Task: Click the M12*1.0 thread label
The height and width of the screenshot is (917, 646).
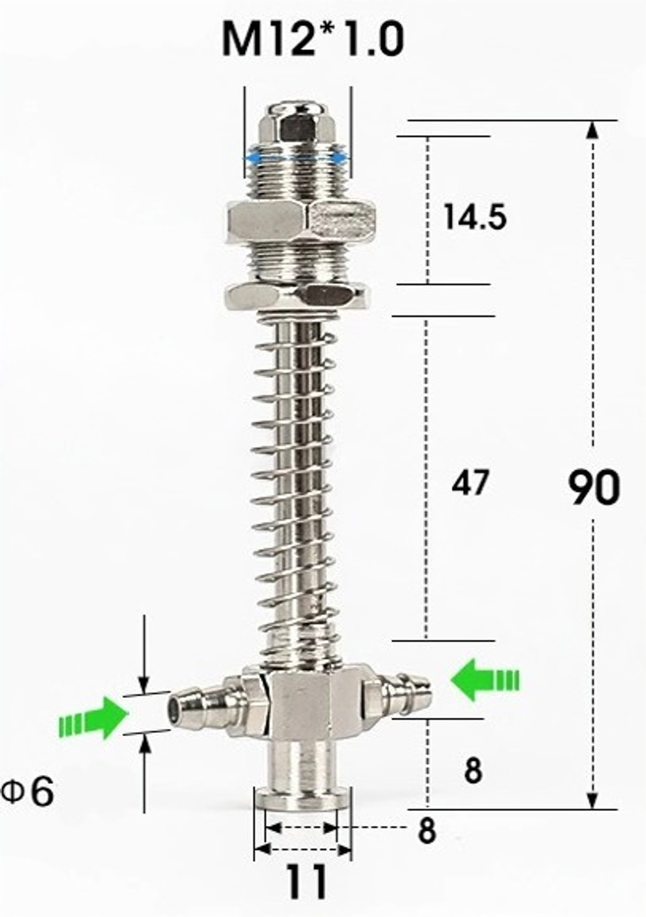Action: (313, 39)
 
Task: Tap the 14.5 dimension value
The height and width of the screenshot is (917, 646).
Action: (475, 217)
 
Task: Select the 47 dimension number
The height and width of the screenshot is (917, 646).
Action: (470, 483)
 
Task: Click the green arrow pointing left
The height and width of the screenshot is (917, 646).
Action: (484, 677)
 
